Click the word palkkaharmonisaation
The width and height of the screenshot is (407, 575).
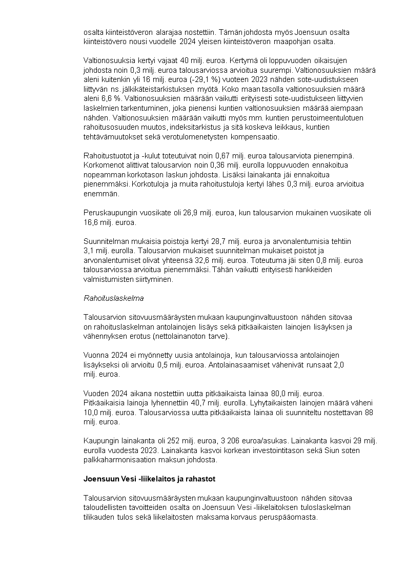[117, 460]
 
